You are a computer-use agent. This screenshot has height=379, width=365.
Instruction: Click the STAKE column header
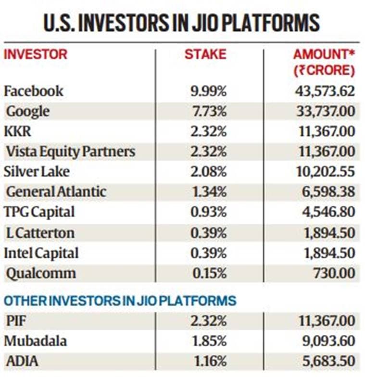tap(205, 54)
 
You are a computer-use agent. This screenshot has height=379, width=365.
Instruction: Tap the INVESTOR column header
tap(36, 54)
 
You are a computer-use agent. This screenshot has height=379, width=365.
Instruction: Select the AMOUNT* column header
tap(324, 54)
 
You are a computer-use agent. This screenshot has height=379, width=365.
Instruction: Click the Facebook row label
tap(33, 91)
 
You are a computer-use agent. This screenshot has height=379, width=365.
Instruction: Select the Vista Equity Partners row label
tap(70, 152)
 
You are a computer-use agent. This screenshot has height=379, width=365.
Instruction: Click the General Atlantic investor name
tap(56, 192)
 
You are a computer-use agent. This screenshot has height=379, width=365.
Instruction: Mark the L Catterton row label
tap(40, 233)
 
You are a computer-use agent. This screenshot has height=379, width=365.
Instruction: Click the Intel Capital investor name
tap(41, 253)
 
